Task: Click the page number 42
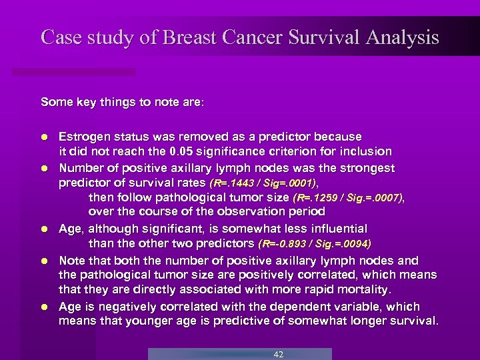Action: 279,354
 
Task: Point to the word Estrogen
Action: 83,137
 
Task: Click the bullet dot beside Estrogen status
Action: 44,137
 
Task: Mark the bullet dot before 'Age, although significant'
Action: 44,228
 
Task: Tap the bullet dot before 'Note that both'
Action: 44,261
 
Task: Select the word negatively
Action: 116,307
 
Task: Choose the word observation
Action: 255,212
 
